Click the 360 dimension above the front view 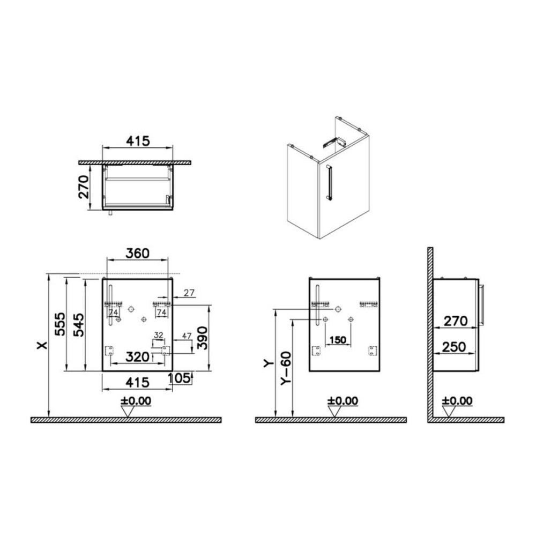(x=137, y=254)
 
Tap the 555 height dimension (x=60, y=324)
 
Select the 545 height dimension (x=79, y=324)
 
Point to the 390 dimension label (x=203, y=338)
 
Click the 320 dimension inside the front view (x=137, y=357)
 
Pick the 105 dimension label (x=178, y=378)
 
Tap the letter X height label (x=43, y=346)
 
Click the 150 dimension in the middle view (x=338, y=340)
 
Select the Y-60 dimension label (x=286, y=369)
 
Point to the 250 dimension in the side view (x=453, y=347)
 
